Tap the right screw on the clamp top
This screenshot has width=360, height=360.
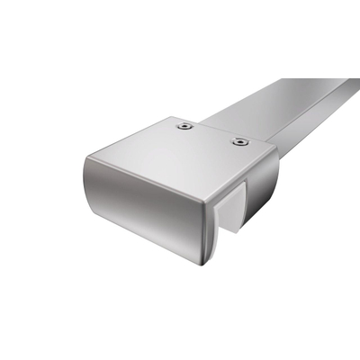239,141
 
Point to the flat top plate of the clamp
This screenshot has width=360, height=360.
180,157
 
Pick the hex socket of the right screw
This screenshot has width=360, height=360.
239,141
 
